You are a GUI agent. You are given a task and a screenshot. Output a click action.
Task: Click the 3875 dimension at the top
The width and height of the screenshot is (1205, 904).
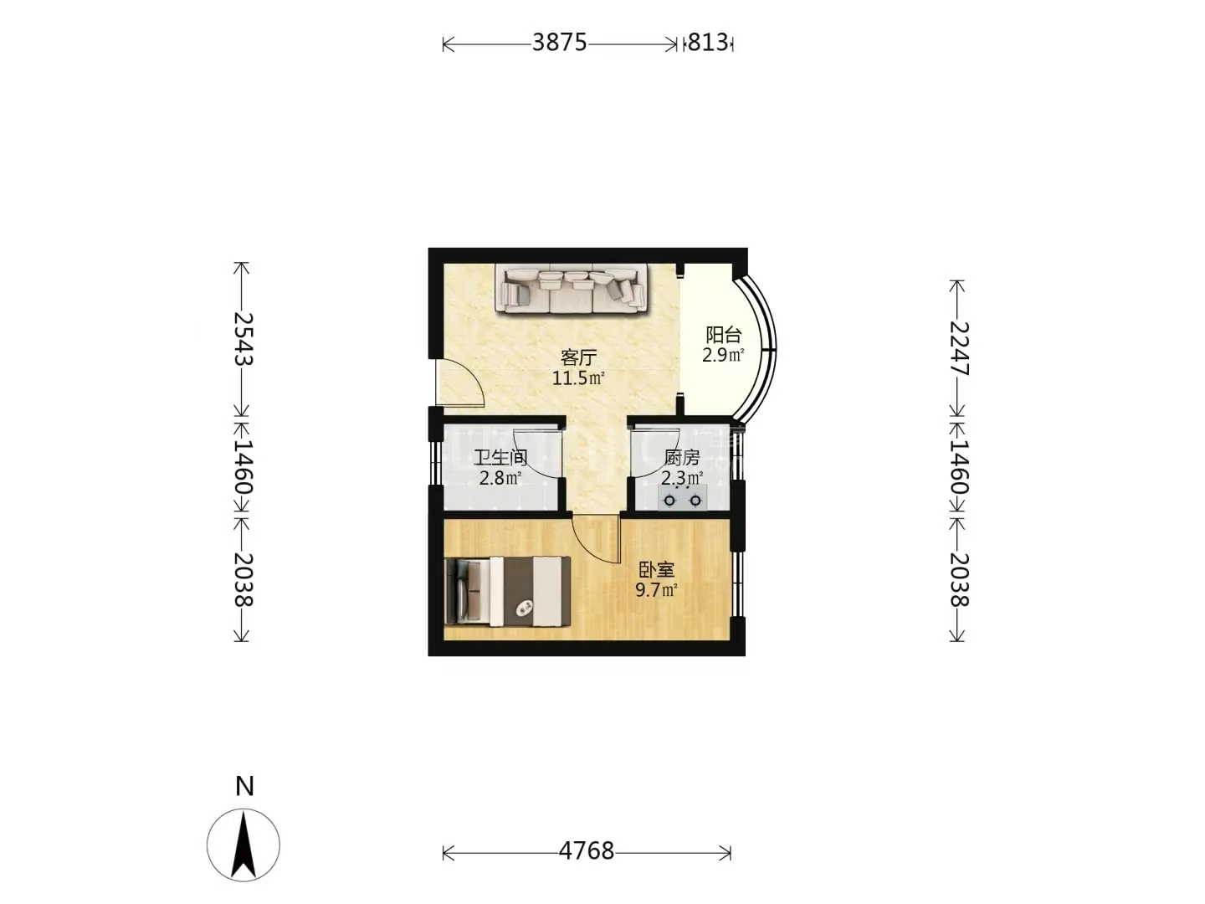tap(560, 42)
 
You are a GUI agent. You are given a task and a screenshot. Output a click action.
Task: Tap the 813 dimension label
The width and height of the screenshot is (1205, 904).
tap(708, 42)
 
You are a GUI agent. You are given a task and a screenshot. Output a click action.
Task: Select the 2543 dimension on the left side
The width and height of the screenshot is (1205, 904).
tap(242, 339)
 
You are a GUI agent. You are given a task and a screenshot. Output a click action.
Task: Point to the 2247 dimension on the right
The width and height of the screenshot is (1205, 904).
tap(959, 348)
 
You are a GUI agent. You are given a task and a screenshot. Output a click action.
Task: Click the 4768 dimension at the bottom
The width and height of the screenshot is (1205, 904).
tap(587, 850)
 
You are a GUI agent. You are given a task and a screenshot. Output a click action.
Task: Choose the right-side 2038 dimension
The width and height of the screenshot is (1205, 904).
tap(959, 579)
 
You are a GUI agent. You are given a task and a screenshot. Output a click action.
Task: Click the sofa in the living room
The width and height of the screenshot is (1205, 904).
tap(572, 290)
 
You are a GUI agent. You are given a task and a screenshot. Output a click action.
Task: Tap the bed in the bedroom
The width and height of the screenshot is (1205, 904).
tap(507, 591)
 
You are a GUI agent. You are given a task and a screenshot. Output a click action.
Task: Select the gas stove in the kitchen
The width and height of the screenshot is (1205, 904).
tap(682, 498)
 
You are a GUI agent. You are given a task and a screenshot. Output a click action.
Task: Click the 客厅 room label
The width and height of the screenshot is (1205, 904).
tap(578, 358)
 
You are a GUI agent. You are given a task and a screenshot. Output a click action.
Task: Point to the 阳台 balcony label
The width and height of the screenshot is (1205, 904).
tap(724, 335)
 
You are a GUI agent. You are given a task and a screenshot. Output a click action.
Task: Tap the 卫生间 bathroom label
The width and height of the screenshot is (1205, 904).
tap(500, 457)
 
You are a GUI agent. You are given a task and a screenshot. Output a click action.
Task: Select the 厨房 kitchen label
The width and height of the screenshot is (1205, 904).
tap(682, 457)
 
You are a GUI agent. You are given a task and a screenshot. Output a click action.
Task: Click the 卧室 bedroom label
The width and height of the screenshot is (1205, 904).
tap(657, 570)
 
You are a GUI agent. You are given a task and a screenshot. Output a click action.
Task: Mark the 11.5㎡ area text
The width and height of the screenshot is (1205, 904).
tap(578, 378)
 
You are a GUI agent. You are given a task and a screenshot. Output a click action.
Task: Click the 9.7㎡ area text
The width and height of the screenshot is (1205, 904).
tap(657, 591)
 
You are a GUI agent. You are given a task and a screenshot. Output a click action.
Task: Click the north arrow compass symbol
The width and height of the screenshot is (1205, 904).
tap(244, 845)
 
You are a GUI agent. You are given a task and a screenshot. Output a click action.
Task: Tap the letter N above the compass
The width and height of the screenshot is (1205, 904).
tap(244, 786)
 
